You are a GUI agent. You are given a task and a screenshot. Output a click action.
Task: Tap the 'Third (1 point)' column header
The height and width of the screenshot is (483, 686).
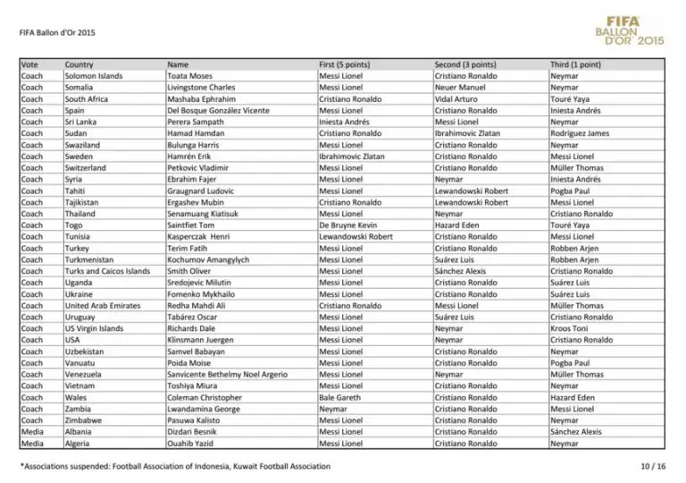[x=575, y=64]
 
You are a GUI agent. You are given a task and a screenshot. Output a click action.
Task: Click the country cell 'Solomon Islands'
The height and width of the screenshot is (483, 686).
[x=93, y=76]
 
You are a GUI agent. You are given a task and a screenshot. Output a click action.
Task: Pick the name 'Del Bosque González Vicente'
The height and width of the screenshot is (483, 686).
[x=217, y=110]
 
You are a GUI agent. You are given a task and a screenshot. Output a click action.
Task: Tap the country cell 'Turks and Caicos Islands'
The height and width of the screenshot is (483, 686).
[x=107, y=271]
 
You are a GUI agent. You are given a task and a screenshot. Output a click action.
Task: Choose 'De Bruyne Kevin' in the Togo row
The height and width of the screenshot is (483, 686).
[x=347, y=225]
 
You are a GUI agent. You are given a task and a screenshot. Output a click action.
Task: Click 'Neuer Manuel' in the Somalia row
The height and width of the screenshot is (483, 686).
[x=460, y=88]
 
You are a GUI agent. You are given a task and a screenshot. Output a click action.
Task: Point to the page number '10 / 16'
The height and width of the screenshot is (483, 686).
[x=653, y=466]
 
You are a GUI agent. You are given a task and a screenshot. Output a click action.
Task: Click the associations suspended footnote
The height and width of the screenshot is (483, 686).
[x=175, y=466]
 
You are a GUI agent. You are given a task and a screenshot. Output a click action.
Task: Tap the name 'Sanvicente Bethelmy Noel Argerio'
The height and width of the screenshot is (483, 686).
[x=227, y=374]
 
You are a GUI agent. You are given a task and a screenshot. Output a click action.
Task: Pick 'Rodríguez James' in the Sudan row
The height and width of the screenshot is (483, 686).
[x=579, y=133]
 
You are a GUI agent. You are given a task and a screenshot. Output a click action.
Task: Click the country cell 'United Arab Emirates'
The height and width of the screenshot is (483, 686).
[x=102, y=305]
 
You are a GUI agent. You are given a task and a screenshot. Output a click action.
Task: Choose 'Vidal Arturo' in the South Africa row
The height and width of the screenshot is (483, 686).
[x=457, y=99]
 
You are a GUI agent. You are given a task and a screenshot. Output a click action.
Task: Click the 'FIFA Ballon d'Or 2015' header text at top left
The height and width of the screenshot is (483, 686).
[x=56, y=33]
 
